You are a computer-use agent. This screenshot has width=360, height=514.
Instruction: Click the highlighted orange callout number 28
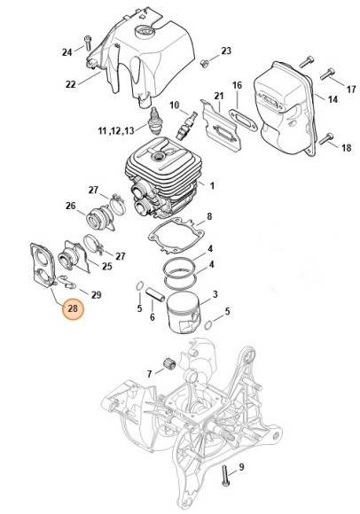coord(73,308)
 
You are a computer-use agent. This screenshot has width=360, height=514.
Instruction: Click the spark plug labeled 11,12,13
coord(154,121)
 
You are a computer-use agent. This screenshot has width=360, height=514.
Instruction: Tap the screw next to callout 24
coord(88,43)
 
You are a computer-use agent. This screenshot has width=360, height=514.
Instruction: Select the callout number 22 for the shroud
coord(71,84)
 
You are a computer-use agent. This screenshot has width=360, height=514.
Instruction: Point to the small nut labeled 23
coord(204,63)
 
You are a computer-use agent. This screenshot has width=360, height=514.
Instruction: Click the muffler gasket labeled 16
coord(243,120)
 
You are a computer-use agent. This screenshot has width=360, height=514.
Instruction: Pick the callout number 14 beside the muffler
coord(333,99)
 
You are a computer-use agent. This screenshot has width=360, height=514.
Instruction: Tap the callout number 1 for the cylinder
coord(212,186)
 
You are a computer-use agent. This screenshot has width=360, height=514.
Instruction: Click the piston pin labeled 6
coord(154,293)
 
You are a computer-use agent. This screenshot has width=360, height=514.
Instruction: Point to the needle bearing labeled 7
coord(170,363)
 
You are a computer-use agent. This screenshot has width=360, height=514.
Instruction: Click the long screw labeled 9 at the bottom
coord(225,477)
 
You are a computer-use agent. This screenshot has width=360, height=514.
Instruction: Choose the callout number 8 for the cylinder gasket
coord(209,216)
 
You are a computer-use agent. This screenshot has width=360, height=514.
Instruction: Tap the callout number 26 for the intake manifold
coord(70,206)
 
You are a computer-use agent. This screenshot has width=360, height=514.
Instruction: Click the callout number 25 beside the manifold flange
coord(107,266)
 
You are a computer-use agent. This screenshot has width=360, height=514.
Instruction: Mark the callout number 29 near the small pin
coord(96,295)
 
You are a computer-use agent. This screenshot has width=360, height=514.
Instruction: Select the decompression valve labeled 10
coord(186,126)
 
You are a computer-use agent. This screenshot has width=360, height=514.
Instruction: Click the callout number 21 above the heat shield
coord(219,96)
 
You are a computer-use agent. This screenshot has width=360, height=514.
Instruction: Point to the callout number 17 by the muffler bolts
coord(351,90)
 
